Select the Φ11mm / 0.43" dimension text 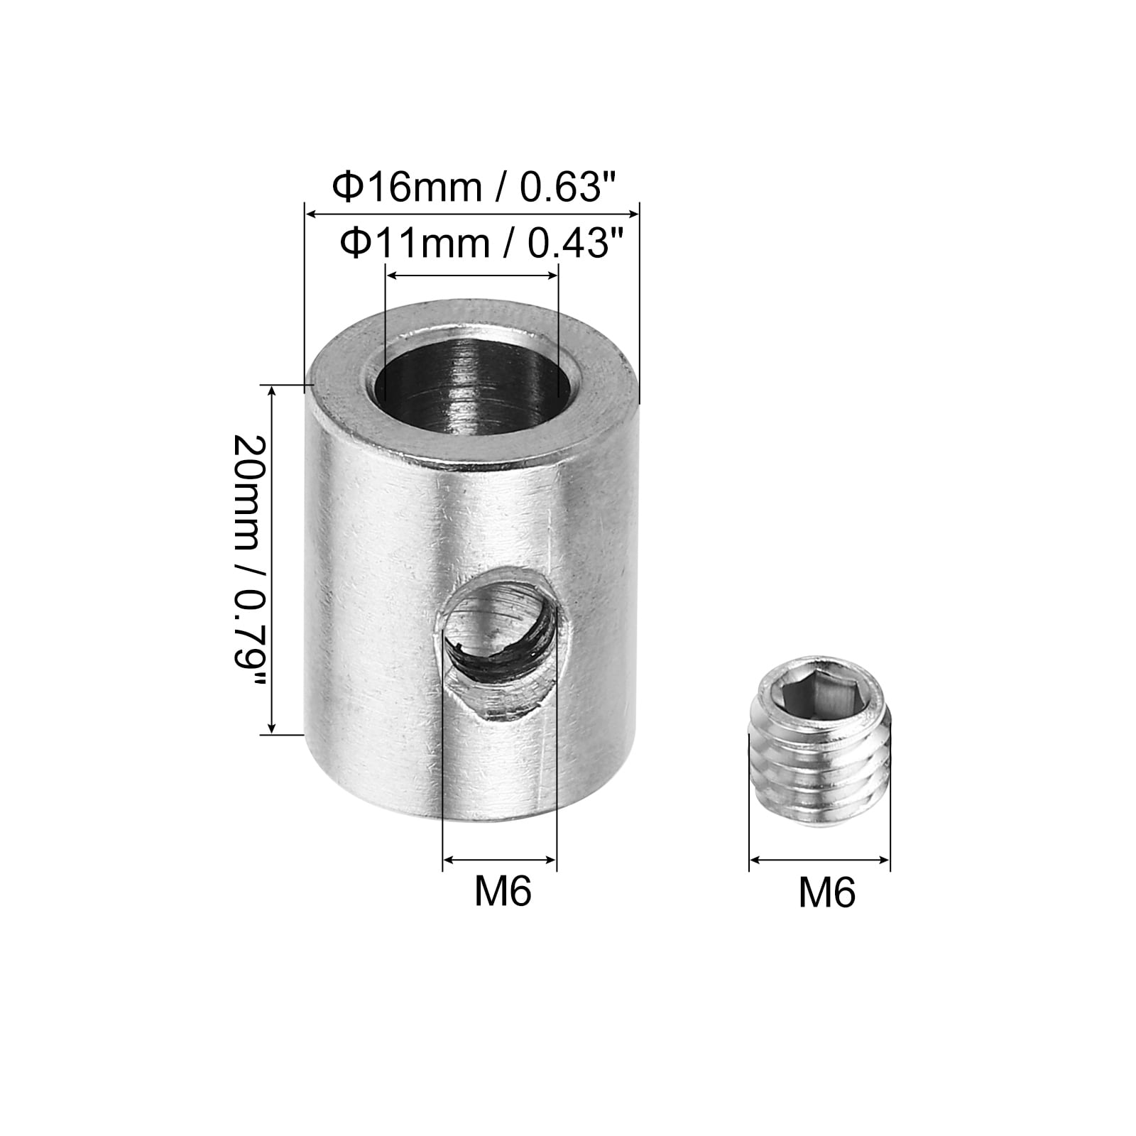point(475,243)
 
